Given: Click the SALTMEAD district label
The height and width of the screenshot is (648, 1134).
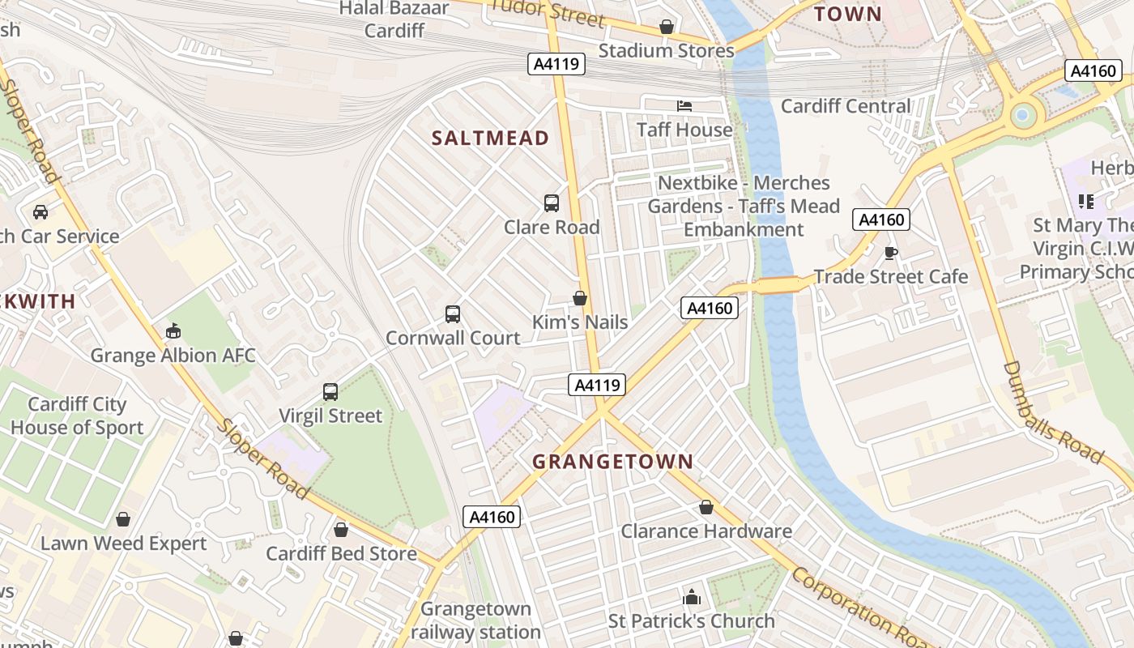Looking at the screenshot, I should (x=490, y=139).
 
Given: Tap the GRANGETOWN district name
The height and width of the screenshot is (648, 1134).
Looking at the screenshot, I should (x=612, y=462).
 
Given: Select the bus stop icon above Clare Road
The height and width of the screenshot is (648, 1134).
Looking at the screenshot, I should (x=552, y=203).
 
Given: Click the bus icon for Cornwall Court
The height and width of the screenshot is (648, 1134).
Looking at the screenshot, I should (x=453, y=313).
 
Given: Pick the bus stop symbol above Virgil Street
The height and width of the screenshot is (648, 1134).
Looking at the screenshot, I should (x=330, y=392).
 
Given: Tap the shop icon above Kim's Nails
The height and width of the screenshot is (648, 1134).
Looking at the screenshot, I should (x=580, y=298).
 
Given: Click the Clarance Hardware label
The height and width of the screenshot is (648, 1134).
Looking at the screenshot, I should (x=706, y=531).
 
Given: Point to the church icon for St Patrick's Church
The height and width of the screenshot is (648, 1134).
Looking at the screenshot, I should (x=692, y=598).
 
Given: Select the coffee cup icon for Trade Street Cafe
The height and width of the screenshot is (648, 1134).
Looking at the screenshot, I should (x=891, y=253).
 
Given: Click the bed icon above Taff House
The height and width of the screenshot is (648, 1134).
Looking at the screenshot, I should (x=684, y=106).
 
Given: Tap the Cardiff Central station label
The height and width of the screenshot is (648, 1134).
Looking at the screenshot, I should (x=846, y=106).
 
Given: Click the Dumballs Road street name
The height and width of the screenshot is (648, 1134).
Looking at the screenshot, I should (x=1053, y=413).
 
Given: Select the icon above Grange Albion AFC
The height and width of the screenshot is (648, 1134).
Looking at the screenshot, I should (x=173, y=331).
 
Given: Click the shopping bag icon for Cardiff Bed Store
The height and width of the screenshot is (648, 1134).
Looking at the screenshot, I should (x=341, y=530).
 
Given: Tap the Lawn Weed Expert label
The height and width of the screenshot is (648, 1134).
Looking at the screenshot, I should (x=124, y=543).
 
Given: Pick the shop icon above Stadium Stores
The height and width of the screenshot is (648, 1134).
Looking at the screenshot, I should (x=666, y=27).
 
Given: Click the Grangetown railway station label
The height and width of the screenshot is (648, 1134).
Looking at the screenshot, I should (x=475, y=620).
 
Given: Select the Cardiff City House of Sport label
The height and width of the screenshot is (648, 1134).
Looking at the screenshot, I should (x=77, y=416).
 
